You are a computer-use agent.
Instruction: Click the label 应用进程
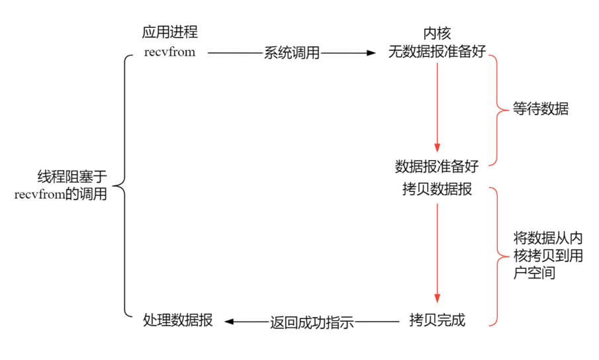169,32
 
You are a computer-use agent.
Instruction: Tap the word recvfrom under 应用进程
169,52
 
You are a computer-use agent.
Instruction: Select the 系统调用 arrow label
292,53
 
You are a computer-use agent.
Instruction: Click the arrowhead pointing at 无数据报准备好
371,53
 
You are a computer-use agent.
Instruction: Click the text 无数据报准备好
437,52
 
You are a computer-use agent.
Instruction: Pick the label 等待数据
540,109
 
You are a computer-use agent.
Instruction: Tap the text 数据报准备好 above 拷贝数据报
436,166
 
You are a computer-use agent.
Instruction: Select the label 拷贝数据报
437,189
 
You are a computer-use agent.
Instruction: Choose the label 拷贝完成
437,321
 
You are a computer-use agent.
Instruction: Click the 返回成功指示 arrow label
312,322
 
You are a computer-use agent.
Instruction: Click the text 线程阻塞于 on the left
72,177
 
